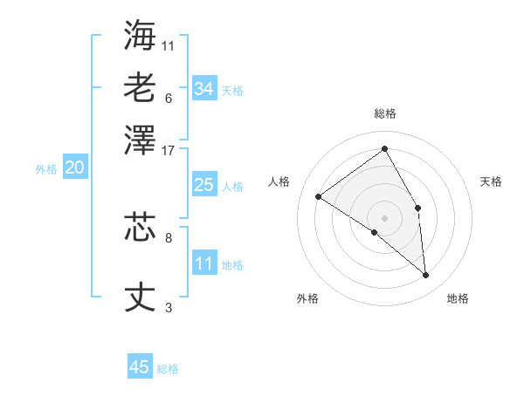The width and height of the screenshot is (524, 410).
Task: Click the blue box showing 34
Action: [203, 89]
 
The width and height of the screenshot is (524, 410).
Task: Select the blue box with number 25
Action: [203, 185]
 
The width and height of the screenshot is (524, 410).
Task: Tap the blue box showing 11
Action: [203, 263]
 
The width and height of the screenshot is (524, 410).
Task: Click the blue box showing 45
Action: [140, 367]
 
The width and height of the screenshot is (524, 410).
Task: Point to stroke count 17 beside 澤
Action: [169, 149]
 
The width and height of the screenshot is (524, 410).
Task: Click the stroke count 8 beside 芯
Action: [169, 236]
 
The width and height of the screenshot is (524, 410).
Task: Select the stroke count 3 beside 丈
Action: [169, 308]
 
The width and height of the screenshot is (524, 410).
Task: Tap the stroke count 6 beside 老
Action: [169, 97]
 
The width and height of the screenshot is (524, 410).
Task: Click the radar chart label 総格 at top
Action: [385, 113]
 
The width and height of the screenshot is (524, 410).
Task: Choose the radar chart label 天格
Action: [491, 181]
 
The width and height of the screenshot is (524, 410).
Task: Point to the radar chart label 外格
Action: [307, 298]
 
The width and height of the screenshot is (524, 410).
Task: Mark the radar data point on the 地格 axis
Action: [426, 276]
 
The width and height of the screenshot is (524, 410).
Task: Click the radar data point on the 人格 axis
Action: [319, 196]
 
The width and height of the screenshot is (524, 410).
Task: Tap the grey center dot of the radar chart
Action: [385, 217]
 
